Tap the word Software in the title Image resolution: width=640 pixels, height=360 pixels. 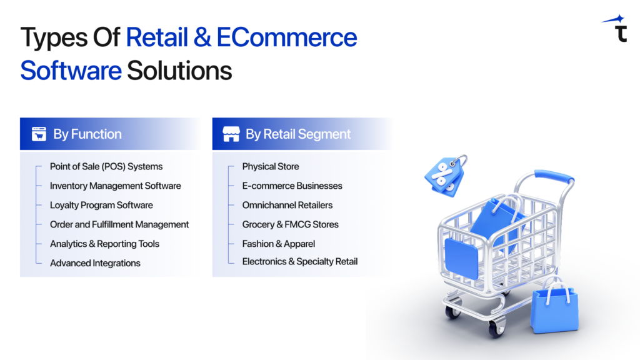click(71, 70)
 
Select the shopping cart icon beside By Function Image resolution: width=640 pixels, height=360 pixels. click(39, 134)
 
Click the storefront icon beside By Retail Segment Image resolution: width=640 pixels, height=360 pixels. click(231, 134)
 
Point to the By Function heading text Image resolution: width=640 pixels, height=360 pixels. click(87, 134)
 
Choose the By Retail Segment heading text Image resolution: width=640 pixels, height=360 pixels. click(298, 134)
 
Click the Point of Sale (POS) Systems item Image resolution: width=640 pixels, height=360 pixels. click(106, 166)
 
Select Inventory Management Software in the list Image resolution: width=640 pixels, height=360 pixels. click(116, 186)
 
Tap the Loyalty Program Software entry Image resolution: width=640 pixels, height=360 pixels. click(101, 205)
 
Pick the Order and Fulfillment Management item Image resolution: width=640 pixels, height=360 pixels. click(119, 224)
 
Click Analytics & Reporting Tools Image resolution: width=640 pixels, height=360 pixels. click(104, 244)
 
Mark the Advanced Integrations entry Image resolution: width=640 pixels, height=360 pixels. click(95, 263)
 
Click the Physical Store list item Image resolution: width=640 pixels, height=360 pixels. click(271, 166)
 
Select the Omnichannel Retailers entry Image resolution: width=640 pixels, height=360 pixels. click(287, 205)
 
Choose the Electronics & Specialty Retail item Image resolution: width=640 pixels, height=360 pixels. click(300, 261)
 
